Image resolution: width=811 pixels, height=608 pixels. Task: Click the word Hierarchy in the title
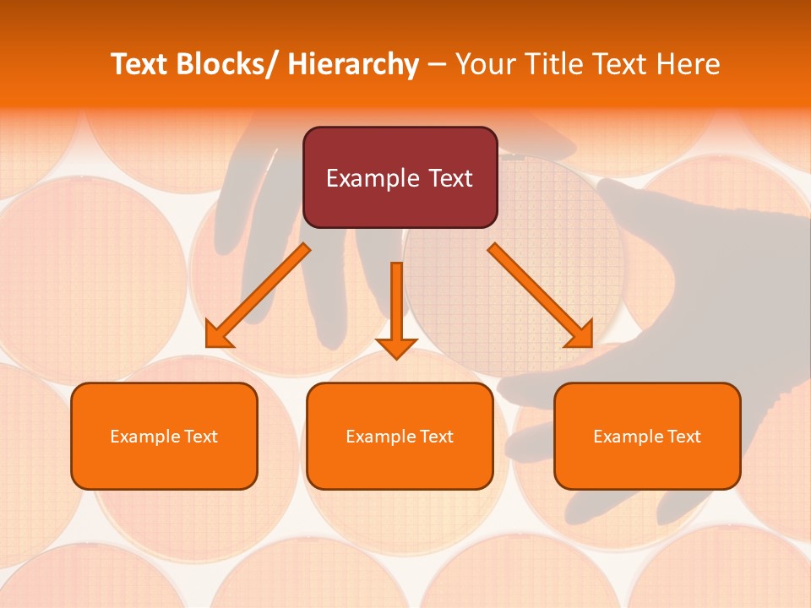point(353,64)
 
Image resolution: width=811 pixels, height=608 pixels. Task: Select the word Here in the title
point(688,64)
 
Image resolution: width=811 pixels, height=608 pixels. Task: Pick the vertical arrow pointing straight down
point(396,304)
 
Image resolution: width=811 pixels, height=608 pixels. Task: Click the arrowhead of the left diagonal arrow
point(218,337)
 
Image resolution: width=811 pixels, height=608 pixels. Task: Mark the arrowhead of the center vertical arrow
point(396,346)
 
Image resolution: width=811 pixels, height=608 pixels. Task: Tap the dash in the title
point(437,65)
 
